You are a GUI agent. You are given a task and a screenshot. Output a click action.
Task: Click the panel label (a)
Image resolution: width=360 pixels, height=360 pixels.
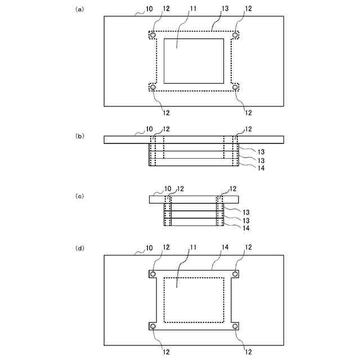pos(79,10)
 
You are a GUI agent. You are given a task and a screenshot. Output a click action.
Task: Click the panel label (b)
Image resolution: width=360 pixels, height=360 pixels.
pos(79,136)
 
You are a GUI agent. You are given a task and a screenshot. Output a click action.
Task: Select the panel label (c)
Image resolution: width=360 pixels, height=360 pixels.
pos(79,196)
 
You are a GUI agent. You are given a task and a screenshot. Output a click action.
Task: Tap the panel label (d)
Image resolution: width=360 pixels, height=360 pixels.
pos(79,247)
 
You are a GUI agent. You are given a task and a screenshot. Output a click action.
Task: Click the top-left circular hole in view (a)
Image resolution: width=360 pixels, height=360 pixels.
pos(153,35)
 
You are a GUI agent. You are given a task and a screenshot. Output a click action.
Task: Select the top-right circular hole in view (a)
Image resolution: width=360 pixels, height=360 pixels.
pos(235,35)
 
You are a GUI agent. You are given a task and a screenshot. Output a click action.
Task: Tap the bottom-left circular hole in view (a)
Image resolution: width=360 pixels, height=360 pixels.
pos(153,87)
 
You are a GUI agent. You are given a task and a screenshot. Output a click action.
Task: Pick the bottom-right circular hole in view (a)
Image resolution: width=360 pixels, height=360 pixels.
pos(235,87)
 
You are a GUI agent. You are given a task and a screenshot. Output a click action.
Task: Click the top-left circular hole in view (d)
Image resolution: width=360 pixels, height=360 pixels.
pos(153,274)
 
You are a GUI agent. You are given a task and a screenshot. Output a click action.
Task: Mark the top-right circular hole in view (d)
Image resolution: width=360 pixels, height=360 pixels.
pos(235,274)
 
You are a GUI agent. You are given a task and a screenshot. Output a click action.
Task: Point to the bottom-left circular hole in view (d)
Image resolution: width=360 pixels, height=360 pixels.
pos(153,326)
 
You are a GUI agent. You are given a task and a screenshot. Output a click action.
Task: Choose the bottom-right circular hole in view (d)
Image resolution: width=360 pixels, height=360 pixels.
pos(235,326)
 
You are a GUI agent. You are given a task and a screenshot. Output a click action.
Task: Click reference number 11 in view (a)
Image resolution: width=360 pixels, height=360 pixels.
pos(193,10)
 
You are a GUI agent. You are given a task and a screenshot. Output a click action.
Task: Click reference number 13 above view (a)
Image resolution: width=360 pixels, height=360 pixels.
pos(225,10)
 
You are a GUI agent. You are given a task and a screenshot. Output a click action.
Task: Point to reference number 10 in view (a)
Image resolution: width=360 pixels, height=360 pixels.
pos(149,10)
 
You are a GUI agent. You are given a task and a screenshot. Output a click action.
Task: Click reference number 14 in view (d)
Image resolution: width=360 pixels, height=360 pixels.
pos(225,247)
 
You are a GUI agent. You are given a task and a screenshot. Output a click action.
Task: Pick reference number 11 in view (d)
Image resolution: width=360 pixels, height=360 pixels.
pos(193,247)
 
